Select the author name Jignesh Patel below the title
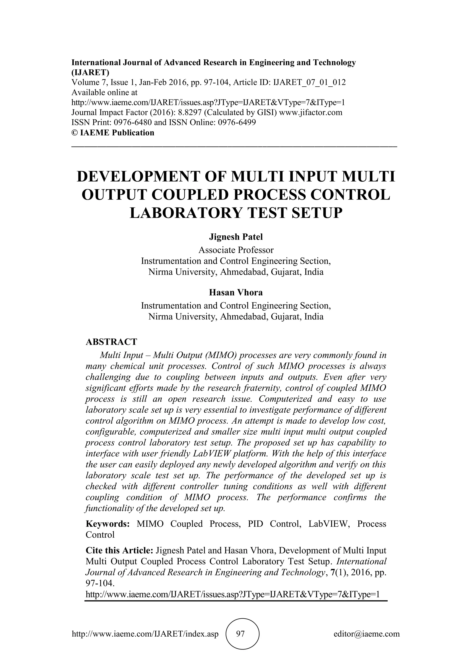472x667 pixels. click(236, 237)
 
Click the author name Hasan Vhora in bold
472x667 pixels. click(236, 292)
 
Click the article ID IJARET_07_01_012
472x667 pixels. click(309, 82)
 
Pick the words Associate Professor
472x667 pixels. click(236, 250)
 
